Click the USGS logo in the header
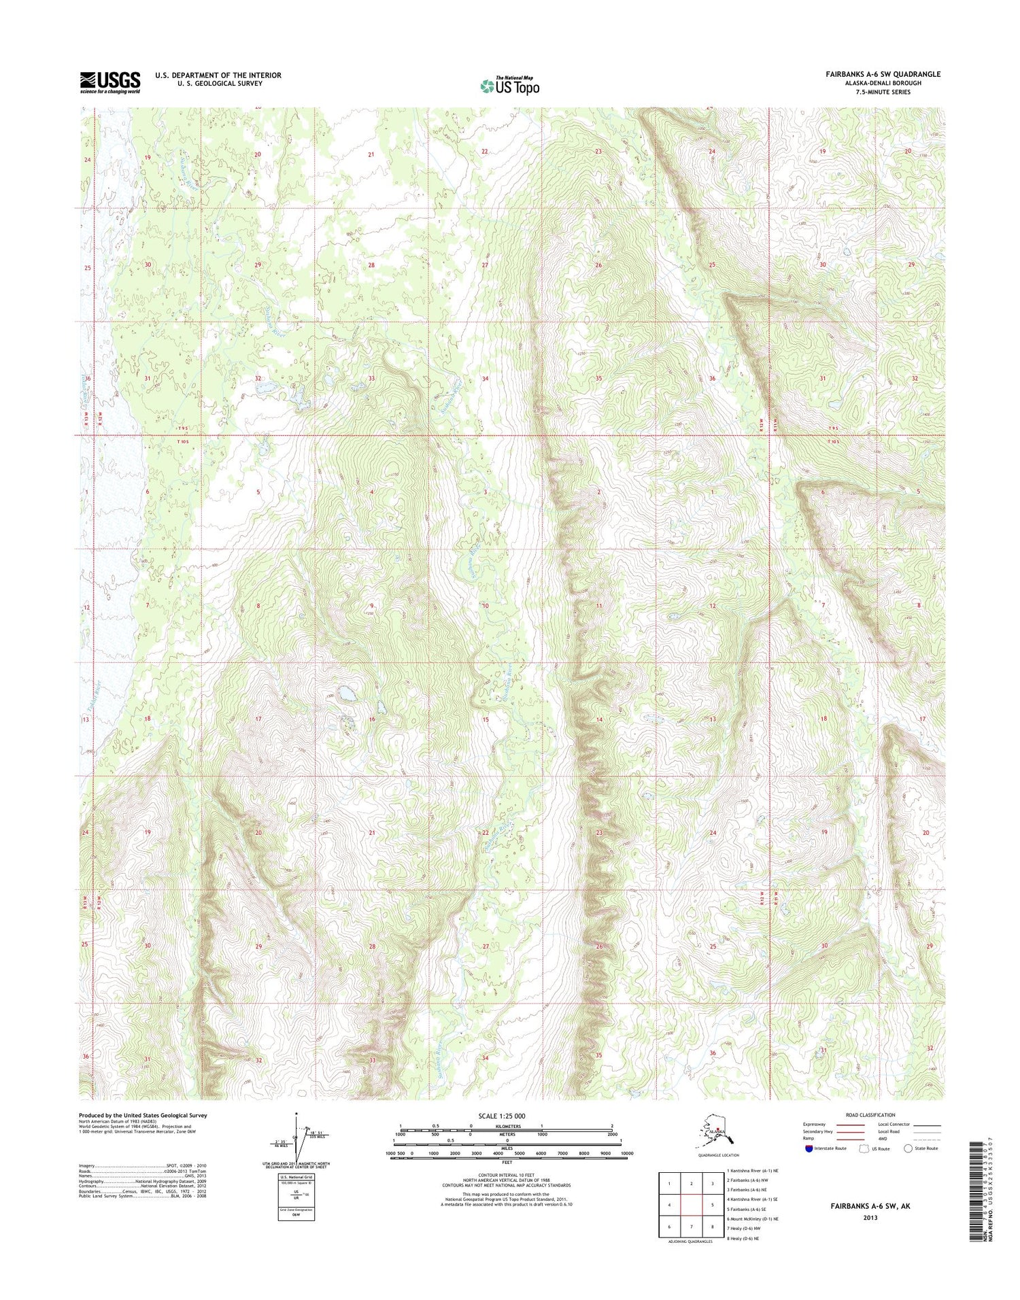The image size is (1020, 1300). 110,82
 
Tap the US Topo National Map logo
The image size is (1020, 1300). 510,86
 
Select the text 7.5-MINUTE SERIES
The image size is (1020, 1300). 883,92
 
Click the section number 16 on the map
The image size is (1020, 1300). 372,719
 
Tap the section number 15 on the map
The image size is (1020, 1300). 486,719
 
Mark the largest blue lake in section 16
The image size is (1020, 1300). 347,694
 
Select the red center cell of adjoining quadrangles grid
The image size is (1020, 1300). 691,1203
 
